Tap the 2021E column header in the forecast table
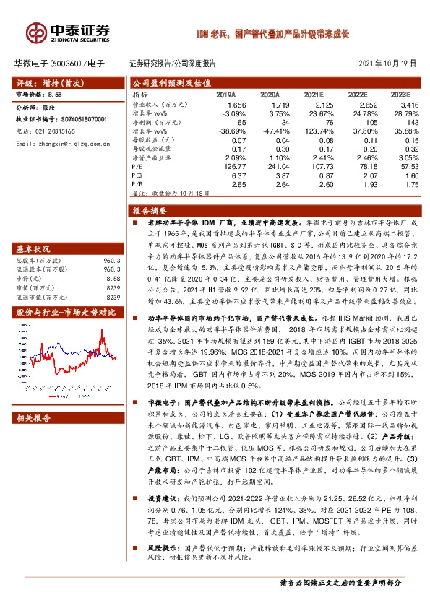314,95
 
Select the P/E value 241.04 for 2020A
267,165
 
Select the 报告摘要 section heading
148,211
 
